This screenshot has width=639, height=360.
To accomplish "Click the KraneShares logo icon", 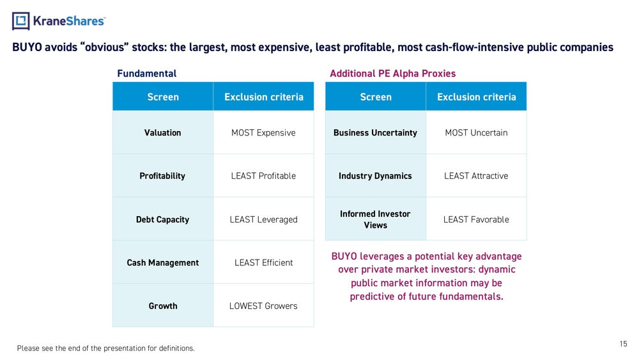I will (21, 21).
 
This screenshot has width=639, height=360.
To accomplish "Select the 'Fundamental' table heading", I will (146, 74).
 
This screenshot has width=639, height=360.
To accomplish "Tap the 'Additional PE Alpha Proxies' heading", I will (392, 74).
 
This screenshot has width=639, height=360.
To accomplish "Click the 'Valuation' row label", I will (162, 133).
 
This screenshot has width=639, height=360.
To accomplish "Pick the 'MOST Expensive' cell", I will (263, 133).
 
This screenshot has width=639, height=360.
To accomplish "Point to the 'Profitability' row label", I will (162, 176).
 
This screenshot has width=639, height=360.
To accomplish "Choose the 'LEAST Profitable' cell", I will (263, 176).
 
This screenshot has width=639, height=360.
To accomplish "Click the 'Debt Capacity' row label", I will (162, 219).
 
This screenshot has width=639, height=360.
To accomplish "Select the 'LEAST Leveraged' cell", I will (263, 219).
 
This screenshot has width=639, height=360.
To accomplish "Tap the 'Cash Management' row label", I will (162, 263).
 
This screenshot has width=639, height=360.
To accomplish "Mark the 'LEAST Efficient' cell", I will (263, 263).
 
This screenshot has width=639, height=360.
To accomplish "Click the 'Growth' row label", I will (162, 306).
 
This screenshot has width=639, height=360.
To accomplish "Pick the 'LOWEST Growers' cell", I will (263, 306).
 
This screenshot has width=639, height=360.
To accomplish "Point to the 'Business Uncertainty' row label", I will (375, 133).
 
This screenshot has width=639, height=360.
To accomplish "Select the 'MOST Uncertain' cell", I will (476, 133).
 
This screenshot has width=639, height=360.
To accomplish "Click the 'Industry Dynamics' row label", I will (375, 176).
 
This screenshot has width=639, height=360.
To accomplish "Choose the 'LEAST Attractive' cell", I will (476, 176).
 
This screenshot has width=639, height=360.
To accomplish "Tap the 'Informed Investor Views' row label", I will (375, 219).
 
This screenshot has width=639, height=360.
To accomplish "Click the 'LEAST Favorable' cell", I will (476, 219).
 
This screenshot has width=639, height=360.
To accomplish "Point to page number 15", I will (623, 344).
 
